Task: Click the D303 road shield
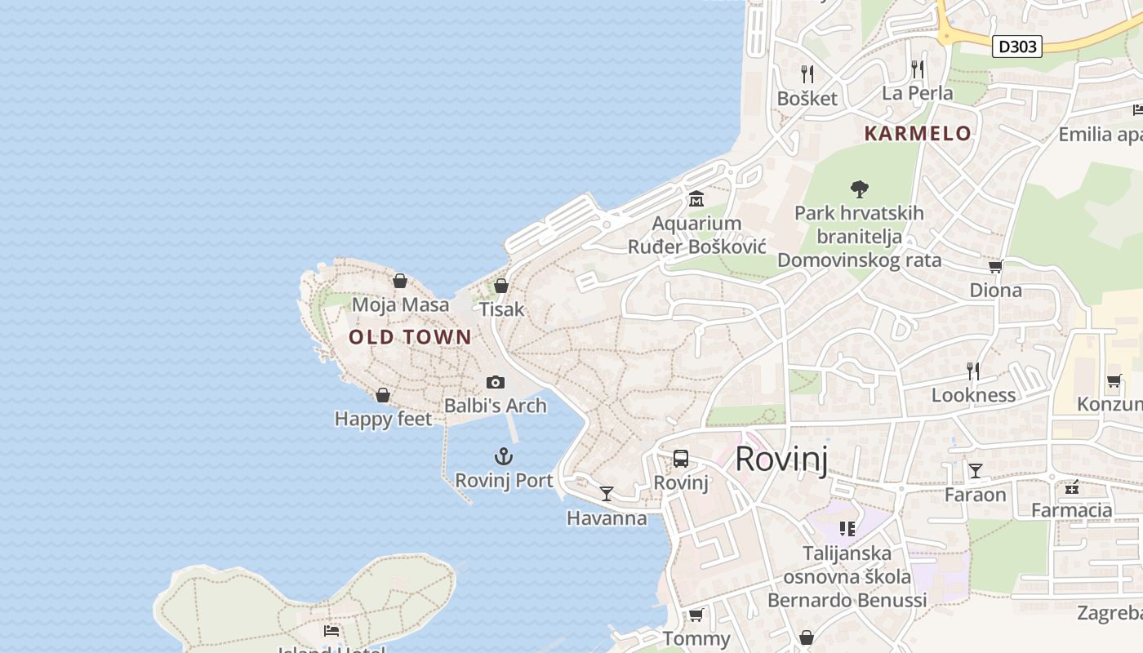coord(1017,47)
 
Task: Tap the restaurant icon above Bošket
coord(807,74)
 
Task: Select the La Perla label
coord(917,93)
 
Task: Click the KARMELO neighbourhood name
coord(918,134)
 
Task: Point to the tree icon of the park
coord(859,189)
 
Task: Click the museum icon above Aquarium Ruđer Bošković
coord(696,198)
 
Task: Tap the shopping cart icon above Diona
coord(995,267)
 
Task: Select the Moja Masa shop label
coord(400,305)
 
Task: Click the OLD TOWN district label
coord(410,337)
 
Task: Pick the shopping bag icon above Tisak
coord(501,286)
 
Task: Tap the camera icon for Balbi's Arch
coord(495,382)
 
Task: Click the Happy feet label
coord(383,420)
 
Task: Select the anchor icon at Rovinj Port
coord(504,456)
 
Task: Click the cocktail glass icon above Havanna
coord(606,494)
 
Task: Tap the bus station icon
coord(681,459)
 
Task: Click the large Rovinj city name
coord(781,460)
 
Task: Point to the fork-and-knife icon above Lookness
coord(973,371)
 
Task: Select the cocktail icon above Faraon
coord(975,471)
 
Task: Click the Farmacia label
coord(1071,511)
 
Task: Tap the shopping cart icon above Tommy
coord(696,615)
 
